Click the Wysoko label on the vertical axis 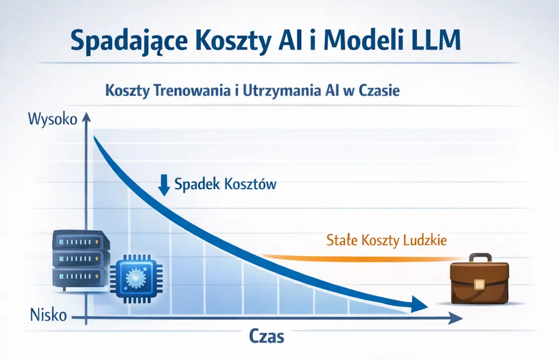(x=53, y=120)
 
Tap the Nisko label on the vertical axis (x=48, y=315)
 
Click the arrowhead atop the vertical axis (x=86, y=117)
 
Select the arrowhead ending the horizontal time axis (x=456, y=320)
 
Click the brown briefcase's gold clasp (x=478, y=283)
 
